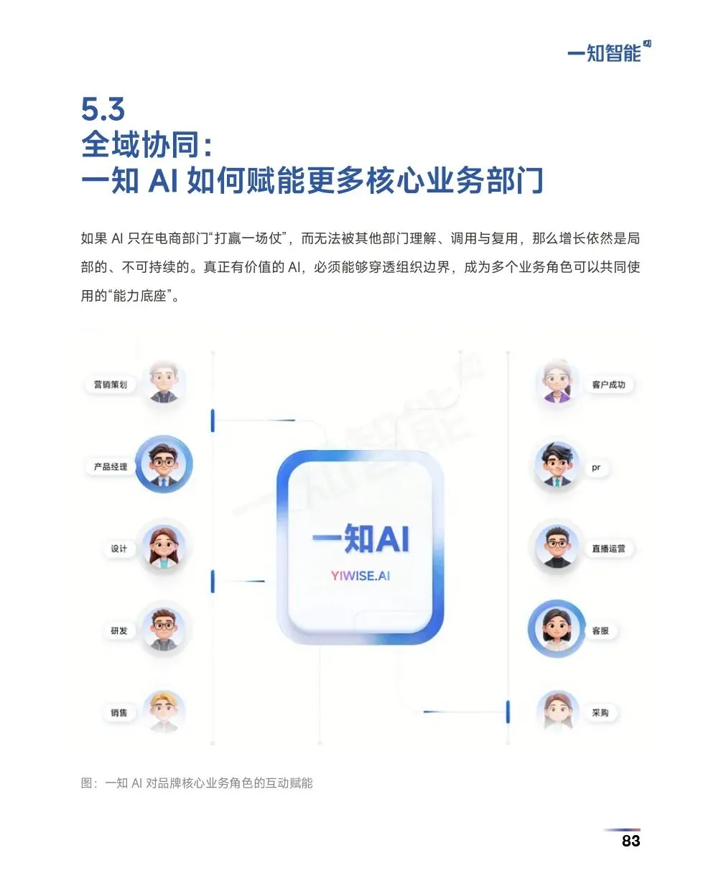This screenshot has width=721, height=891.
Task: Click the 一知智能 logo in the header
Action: (608, 52)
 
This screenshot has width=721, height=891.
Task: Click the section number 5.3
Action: (103, 109)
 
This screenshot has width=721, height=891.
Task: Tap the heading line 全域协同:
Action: (147, 144)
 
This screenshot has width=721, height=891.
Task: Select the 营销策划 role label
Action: (111, 385)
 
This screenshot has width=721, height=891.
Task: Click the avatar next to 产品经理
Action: (164, 465)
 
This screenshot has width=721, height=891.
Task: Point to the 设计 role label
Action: (118, 549)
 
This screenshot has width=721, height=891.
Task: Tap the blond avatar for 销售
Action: (164, 711)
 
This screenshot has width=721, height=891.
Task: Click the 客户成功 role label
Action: (608, 385)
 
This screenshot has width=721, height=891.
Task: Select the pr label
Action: (596, 467)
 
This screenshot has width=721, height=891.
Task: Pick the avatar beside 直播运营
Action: (557, 547)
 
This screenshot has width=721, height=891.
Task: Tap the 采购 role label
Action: (600, 713)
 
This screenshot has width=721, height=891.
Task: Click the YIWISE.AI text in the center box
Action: (360, 576)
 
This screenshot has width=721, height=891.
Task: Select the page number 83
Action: (631, 841)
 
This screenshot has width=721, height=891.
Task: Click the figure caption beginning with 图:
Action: (197, 783)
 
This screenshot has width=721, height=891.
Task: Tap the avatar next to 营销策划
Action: (164, 382)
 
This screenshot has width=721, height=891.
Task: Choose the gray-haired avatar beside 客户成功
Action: (557, 383)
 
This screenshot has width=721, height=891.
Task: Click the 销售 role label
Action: (118, 713)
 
